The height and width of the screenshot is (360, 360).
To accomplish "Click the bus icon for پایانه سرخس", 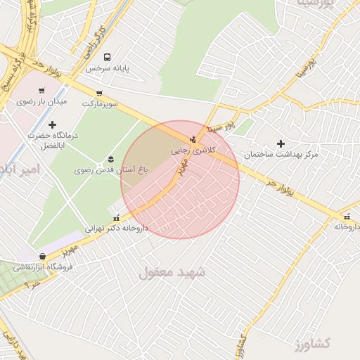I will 106,57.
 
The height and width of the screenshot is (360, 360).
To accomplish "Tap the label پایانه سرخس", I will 109,69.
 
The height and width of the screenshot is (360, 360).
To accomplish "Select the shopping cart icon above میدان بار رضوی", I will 41,90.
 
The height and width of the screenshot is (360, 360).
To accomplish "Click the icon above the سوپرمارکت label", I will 99,93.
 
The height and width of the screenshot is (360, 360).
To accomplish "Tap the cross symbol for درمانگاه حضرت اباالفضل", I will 52,124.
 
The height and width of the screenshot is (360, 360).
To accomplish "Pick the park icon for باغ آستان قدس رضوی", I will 110,159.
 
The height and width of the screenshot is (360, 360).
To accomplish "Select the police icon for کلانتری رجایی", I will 194,139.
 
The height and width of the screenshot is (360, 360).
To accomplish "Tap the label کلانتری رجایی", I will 192,150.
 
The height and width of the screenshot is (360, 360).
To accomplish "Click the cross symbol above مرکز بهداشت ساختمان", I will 281,143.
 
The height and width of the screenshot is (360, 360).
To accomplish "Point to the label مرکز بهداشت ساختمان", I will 281,154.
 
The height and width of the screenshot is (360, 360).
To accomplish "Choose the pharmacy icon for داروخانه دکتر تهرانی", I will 117,217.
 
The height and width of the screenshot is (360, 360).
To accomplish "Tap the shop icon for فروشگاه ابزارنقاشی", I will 44,256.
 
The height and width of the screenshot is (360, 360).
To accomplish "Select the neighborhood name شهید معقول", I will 172,272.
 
